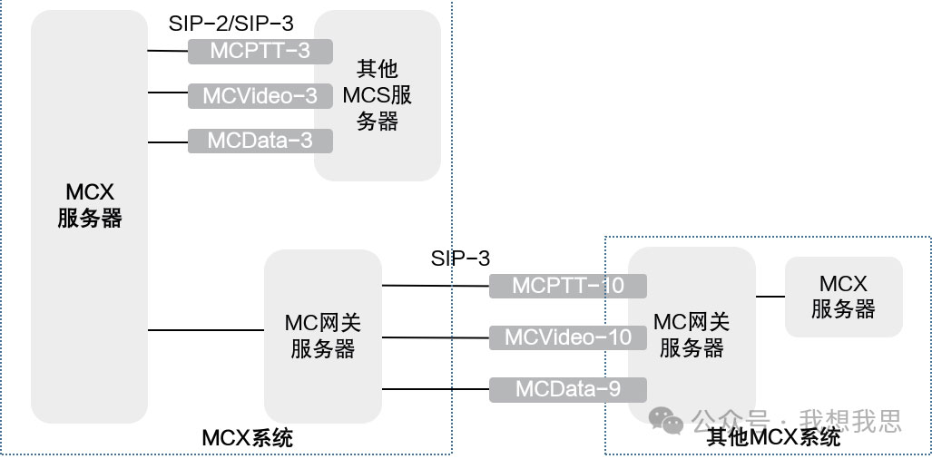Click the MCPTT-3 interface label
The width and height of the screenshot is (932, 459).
[x=260, y=51]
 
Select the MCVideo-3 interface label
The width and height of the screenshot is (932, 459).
[x=260, y=95]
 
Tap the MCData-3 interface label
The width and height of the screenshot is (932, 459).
[x=260, y=141]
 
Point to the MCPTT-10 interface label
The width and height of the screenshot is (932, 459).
[x=568, y=286]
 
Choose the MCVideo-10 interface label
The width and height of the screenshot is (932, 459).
[x=568, y=337]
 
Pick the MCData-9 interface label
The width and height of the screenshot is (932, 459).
[x=568, y=389]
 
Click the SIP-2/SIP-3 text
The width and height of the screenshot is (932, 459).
[x=231, y=24]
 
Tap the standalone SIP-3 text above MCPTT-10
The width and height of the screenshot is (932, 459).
[x=460, y=259]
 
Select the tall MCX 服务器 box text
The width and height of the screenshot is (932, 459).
[x=89, y=205]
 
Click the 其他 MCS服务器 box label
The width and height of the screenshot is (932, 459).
[x=377, y=95]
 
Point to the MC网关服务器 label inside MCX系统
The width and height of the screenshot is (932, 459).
[x=322, y=336]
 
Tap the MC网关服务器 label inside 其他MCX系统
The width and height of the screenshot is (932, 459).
[x=692, y=335]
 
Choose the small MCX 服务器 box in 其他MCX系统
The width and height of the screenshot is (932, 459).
[x=843, y=297]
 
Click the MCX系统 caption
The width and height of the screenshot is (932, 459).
[x=247, y=439]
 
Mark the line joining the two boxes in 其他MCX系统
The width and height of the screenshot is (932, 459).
[x=770, y=296]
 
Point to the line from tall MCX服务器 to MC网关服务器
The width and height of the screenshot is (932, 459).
[x=205, y=330]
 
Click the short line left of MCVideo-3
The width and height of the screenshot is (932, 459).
[x=167, y=93]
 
